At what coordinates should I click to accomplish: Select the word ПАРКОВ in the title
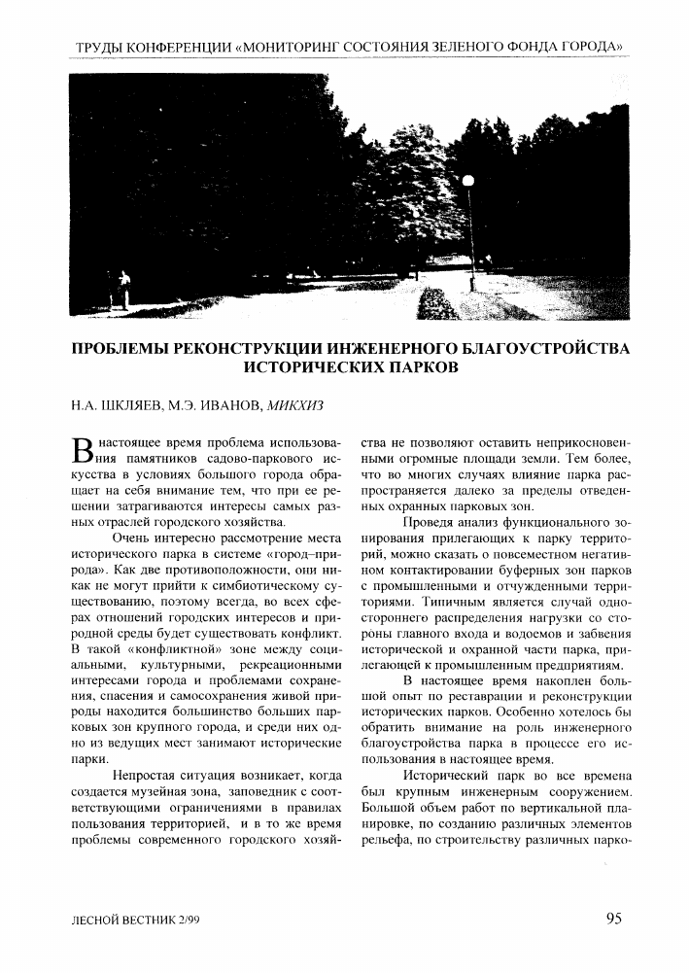(406, 368)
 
